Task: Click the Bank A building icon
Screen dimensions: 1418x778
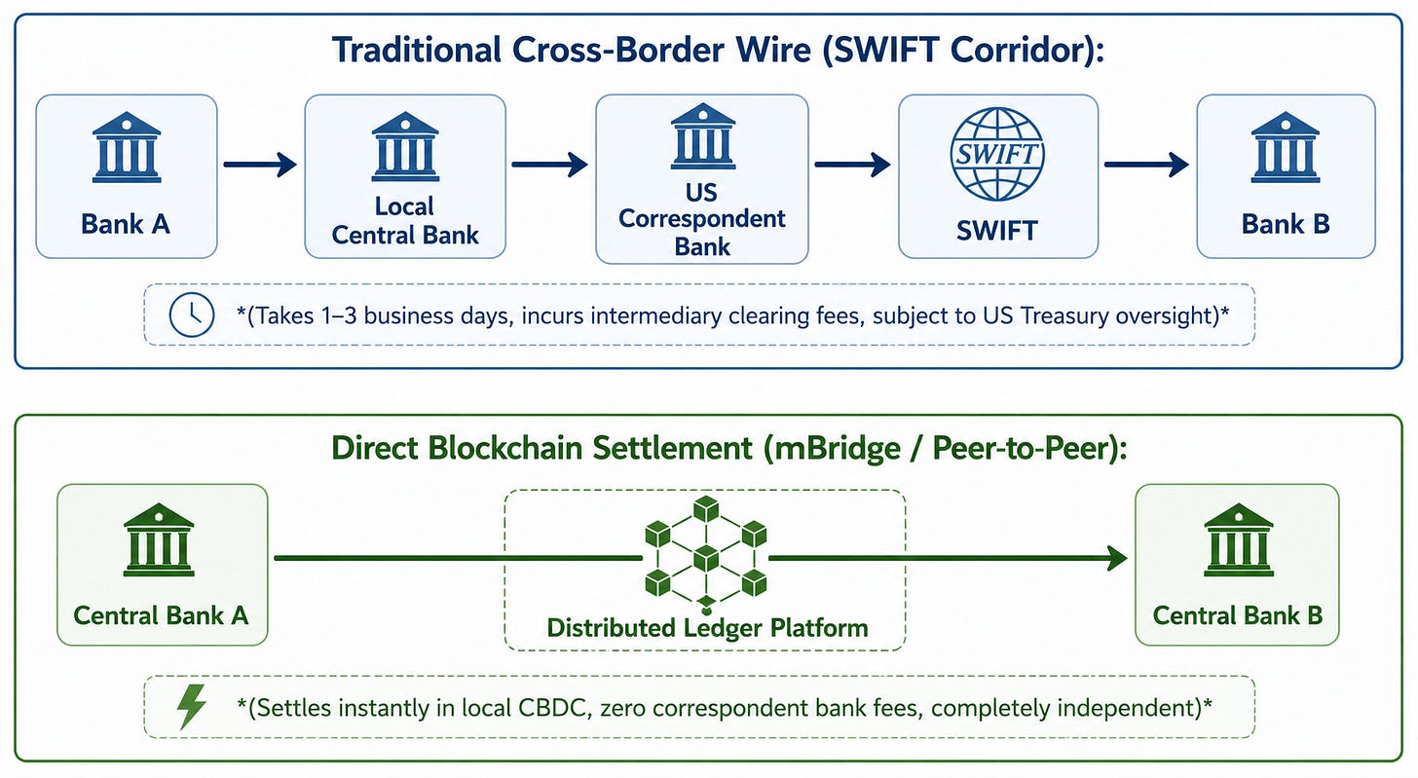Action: point(127,147)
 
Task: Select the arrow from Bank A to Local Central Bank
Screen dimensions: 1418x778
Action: point(260,165)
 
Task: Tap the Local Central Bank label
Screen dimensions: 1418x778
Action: point(405,220)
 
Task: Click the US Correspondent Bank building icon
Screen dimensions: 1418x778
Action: point(703,136)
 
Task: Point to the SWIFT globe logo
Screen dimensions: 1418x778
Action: point(997,154)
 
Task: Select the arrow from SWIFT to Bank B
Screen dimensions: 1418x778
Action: point(1146,165)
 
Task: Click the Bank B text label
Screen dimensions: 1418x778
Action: point(1286,223)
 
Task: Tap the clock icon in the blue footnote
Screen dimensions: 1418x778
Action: point(192,315)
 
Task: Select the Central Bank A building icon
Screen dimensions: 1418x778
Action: point(159,540)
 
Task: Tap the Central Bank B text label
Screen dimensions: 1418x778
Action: point(1238,615)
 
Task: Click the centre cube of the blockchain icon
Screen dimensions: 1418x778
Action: point(706,559)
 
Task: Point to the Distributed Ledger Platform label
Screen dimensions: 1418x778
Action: point(708,628)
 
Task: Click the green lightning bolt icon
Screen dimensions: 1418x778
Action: point(191,707)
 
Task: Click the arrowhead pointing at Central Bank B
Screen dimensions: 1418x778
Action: point(1117,558)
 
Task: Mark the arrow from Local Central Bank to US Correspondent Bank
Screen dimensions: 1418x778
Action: point(550,165)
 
